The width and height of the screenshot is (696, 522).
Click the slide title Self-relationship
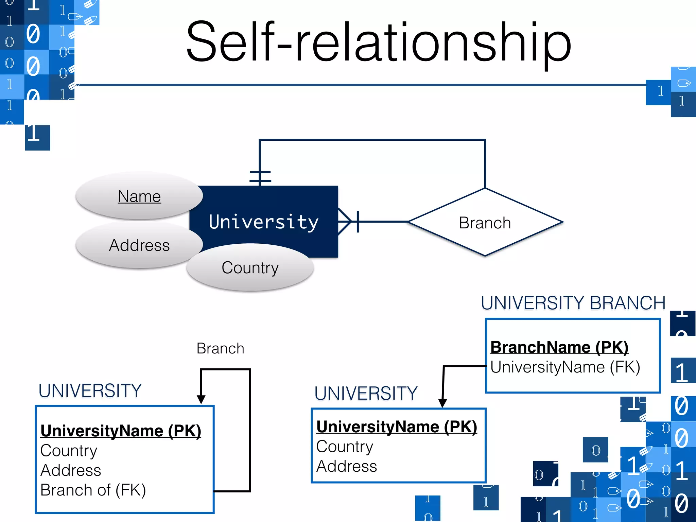[x=378, y=42]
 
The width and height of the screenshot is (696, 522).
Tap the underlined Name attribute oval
[x=139, y=196]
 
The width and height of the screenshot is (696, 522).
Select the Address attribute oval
[x=139, y=245]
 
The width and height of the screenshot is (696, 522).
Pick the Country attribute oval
[x=250, y=267]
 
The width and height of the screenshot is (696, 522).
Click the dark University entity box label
[x=263, y=222]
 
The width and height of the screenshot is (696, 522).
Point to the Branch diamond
[x=485, y=223]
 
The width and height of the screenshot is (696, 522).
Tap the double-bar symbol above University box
[x=260, y=176]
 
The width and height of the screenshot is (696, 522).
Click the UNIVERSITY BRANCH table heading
[x=573, y=303]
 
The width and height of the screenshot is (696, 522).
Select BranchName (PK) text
[x=559, y=347]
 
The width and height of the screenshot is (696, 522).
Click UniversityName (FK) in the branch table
[x=565, y=367]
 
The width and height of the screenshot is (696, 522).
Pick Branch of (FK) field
[x=93, y=490]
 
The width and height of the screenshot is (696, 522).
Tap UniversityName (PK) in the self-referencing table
[x=121, y=431]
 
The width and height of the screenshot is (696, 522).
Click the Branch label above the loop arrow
[x=220, y=348]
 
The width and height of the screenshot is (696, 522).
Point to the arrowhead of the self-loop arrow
[x=201, y=399]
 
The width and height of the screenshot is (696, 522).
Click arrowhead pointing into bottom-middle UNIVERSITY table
[x=442, y=403]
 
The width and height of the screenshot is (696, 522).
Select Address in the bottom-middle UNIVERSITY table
[x=346, y=466]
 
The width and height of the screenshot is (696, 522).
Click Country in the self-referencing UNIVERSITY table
[x=69, y=451]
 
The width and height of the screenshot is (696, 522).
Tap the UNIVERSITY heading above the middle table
[x=366, y=393]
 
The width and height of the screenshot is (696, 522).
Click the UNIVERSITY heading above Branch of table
[x=90, y=390]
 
